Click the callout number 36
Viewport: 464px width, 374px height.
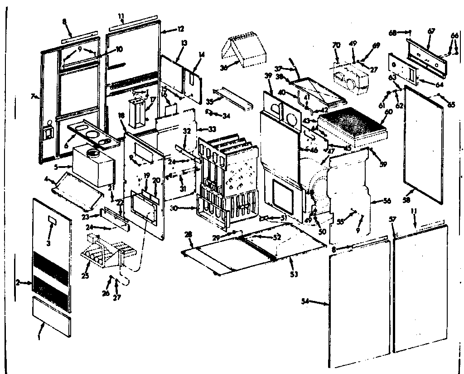(222, 68)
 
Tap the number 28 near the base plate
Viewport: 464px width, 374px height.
(189, 233)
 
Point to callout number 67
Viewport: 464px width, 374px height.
(431, 31)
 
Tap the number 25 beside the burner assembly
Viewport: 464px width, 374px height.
(85, 275)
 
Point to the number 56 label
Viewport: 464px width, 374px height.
(387, 201)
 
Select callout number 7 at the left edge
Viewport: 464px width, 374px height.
(32, 96)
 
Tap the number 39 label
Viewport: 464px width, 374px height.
(269, 75)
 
